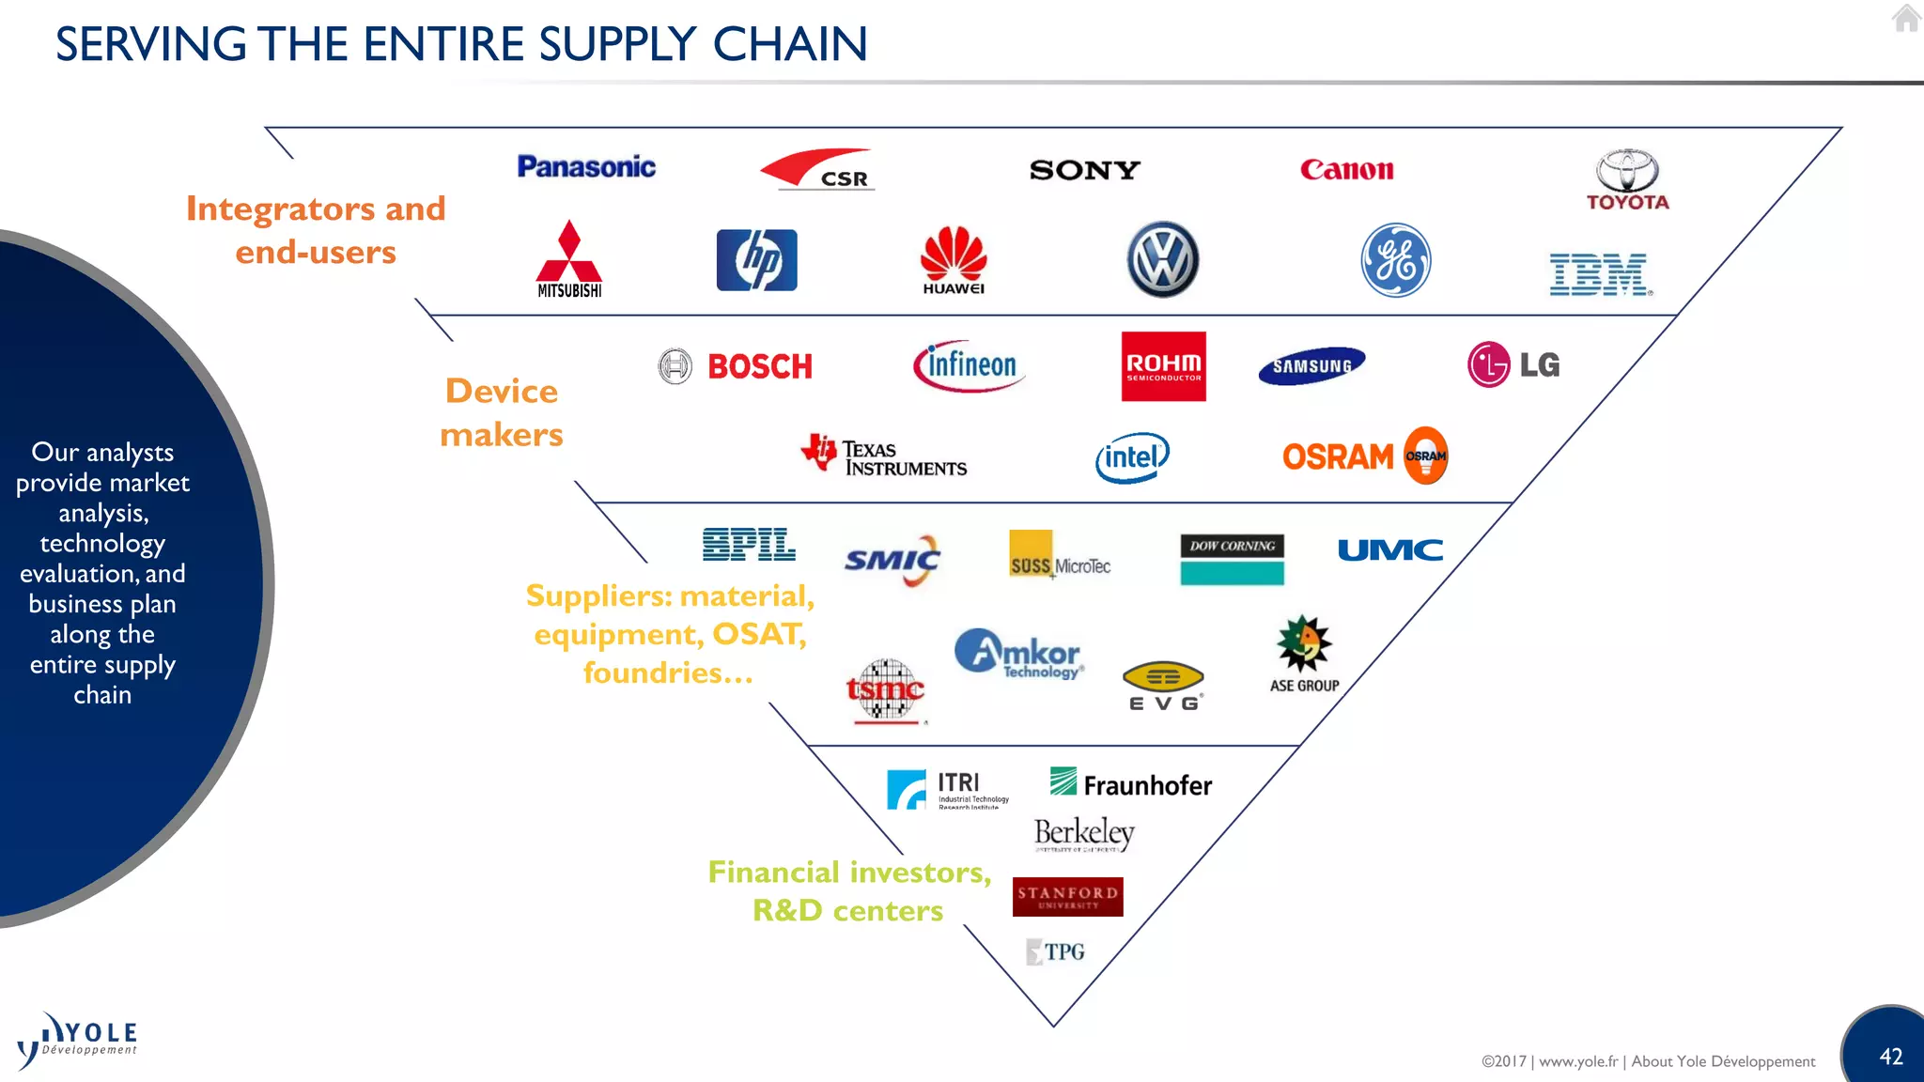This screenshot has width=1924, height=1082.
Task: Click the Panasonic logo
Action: pyautogui.click(x=586, y=167)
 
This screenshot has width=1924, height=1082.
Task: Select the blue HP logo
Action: pyautogui.click(x=756, y=260)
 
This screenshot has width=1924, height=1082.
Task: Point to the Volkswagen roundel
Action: pyautogui.click(x=1162, y=260)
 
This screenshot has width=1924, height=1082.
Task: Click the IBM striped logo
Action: pyautogui.click(x=1599, y=274)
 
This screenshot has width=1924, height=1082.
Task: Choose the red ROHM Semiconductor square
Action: pyautogui.click(x=1163, y=366)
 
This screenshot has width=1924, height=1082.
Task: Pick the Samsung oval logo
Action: pyautogui.click(x=1311, y=365)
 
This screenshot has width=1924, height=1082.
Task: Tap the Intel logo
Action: pyautogui.click(x=1132, y=457)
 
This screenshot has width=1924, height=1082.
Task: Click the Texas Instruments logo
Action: pyautogui.click(x=884, y=456)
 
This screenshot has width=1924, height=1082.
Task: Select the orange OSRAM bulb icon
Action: pyautogui.click(x=1425, y=456)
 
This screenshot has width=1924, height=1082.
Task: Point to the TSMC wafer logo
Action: pyautogui.click(x=885, y=691)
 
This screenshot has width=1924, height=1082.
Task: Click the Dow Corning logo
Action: pyautogui.click(x=1232, y=559)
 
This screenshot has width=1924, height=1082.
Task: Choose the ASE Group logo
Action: pyautogui.click(x=1304, y=653)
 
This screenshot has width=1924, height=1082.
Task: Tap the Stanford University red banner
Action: pyautogui.click(x=1067, y=897)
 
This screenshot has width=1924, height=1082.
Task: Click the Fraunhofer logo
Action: pyautogui.click(x=1130, y=783)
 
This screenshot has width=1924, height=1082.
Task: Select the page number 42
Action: pyautogui.click(x=1890, y=1057)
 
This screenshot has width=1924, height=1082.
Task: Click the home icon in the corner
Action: pyautogui.click(x=1906, y=18)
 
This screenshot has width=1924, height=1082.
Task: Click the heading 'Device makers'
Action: pyautogui.click(x=502, y=412)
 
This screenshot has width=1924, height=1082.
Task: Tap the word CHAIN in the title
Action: pyautogui.click(x=790, y=44)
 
